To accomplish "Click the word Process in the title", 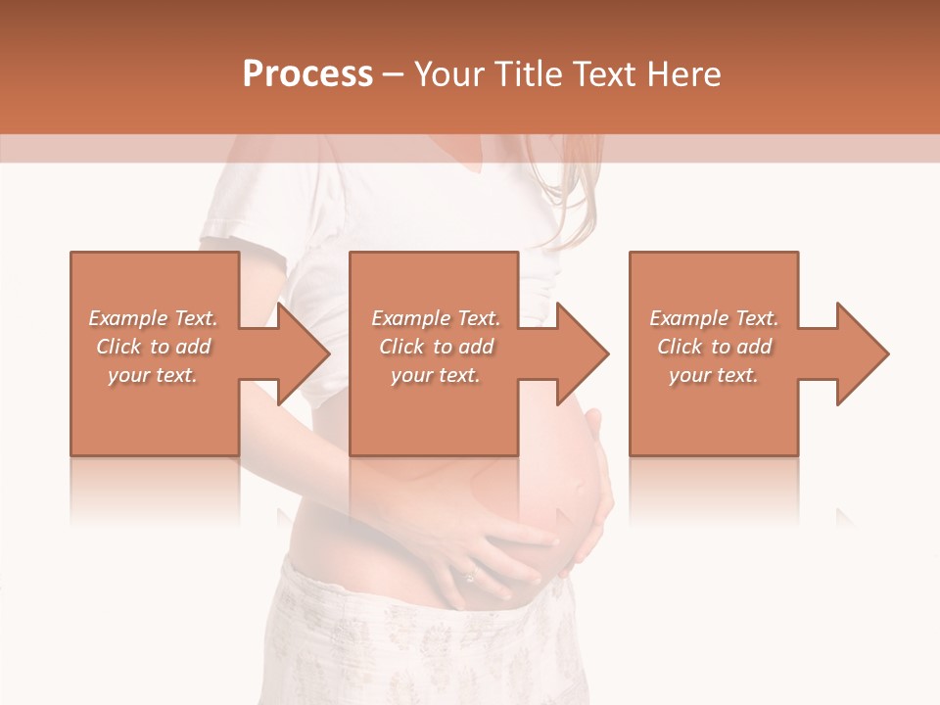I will tap(307, 74).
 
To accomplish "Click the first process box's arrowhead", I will tap(300, 353).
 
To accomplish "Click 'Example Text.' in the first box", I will tap(154, 318).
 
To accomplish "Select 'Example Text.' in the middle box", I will tap(436, 318).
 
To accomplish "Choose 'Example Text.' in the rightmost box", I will tap(714, 318).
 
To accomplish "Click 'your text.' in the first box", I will tap(154, 375).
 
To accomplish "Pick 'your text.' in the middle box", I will tap(436, 375).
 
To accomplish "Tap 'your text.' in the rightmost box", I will tap(714, 375).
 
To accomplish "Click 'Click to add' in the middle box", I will tap(436, 347).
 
